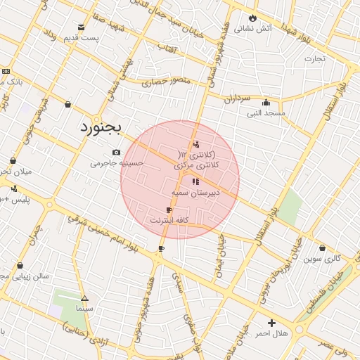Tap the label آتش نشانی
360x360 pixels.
pyautogui.click(x=254, y=29)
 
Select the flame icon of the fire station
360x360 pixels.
pyautogui.click(x=252, y=18)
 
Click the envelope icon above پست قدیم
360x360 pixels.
pyautogui.click(x=82, y=27)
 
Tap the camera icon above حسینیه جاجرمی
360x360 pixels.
pyautogui.click(x=116, y=153)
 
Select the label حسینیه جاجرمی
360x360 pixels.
pyautogui.click(x=116, y=163)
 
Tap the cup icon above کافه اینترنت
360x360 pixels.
pyautogui.click(x=169, y=210)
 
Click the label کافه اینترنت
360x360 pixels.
pyautogui.click(x=168, y=221)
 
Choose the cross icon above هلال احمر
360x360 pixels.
pyautogui.click(x=271, y=323)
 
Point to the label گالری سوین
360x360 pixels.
pyautogui.click(x=322, y=259)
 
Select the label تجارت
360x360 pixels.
pyautogui.click(x=314, y=58)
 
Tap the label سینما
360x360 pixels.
pyautogui.click(x=84, y=309)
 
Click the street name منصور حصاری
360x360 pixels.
pyautogui.click(x=161, y=82)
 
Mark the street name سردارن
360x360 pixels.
pyautogui.click(x=238, y=100)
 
